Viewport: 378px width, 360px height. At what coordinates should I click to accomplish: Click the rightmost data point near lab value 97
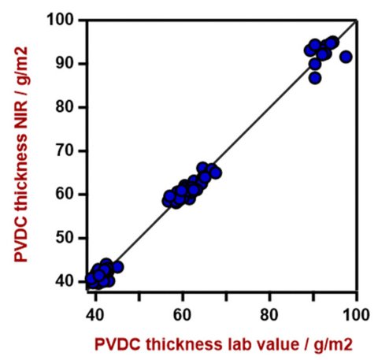click(346, 57)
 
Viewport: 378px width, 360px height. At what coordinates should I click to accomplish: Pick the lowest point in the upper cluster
click(315, 78)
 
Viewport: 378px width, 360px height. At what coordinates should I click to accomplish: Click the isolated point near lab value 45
click(117, 267)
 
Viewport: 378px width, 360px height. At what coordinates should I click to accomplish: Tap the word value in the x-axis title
click(261, 343)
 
